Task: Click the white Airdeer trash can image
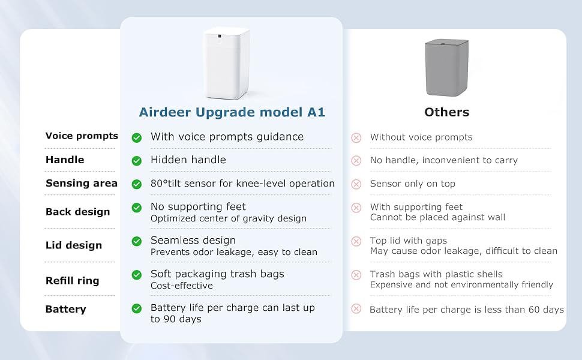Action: coord(227,63)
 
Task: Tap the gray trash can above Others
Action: coord(446,68)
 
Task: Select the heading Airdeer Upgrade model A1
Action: coord(232,112)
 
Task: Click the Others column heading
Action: coord(447,112)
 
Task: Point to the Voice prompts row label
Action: coord(82,136)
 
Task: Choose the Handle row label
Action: coord(65,160)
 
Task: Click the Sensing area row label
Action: coord(82,183)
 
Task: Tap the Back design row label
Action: coord(78,212)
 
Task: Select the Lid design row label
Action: coord(74,245)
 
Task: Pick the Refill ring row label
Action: coord(73,281)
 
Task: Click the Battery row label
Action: coord(65,309)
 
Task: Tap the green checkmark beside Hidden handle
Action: coord(137,161)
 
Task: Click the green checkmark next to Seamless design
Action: coord(137,241)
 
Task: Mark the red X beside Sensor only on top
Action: coord(356,184)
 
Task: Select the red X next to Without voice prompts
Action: coord(356,137)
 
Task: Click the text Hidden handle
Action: coord(188,160)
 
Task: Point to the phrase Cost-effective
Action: coord(182,286)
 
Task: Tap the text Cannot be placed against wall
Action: coord(437,217)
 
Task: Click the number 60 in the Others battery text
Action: coord(533,309)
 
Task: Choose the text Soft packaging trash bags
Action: coord(218,274)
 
